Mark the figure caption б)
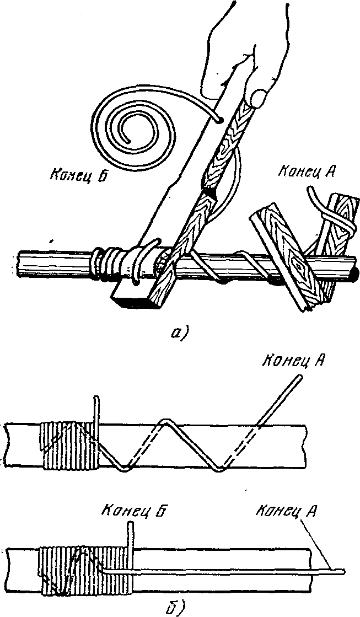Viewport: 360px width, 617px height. (174, 608)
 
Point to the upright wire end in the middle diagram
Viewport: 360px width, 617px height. (97, 413)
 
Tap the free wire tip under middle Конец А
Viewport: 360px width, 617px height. (300, 377)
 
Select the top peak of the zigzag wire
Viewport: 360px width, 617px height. (166, 420)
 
